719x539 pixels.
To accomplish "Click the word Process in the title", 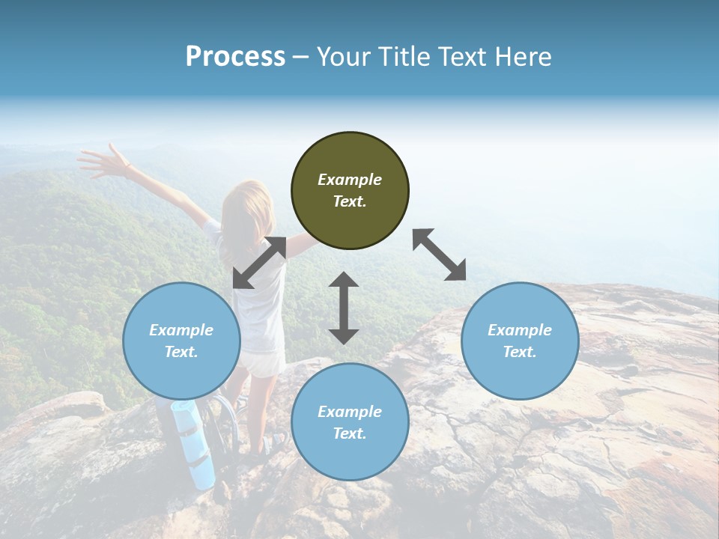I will point(235,57).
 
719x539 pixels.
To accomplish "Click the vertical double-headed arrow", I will point(344,308).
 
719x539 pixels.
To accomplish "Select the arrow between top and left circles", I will point(259,263).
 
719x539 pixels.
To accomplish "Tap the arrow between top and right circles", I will point(440,255).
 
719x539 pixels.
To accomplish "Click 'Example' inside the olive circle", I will point(350,180).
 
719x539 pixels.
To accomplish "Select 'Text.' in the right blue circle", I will point(520,352).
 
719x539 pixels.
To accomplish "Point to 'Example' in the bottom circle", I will point(350,412).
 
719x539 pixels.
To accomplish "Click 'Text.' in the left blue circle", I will point(181,352).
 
